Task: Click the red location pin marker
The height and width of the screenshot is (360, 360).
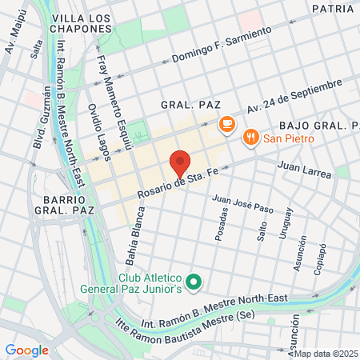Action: pos(180,162)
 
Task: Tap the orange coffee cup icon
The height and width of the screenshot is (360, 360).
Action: pos(226,124)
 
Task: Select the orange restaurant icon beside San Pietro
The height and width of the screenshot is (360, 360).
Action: pos(251,137)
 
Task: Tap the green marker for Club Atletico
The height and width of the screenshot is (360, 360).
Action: pos(193,282)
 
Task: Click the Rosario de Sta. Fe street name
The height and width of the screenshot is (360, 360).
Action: pos(178,186)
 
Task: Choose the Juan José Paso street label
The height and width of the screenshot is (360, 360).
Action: pos(242,203)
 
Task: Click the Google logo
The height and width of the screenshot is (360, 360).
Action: pos(26,350)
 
